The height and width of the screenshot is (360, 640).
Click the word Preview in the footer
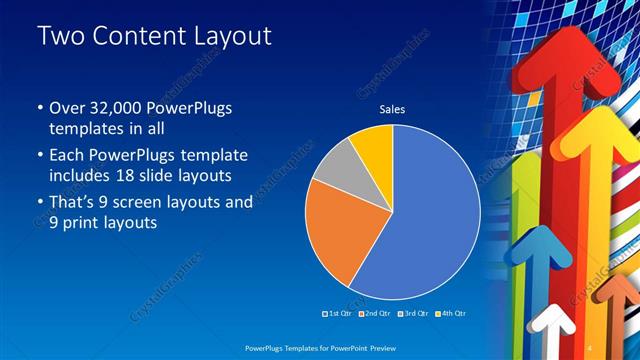pyautogui.click(x=378, y=349)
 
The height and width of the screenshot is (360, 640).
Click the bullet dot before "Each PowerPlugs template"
pyautogui.click(x=40, y=156)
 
